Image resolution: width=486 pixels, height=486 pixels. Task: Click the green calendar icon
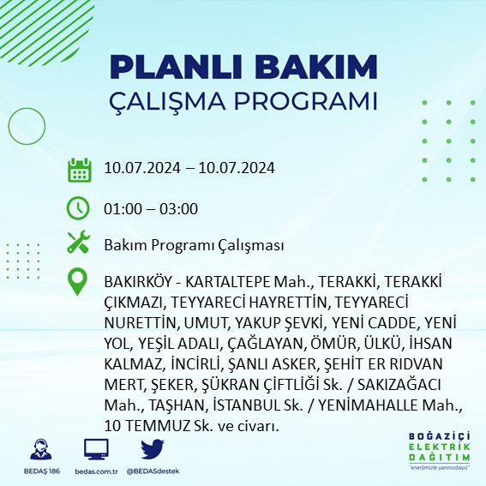[79, 169]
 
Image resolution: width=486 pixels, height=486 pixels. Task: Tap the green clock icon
[79, 208]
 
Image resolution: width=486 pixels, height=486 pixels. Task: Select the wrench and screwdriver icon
[79, 243]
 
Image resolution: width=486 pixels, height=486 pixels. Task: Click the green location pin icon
[79, 281]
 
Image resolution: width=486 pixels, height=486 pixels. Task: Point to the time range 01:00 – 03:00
[151, 208]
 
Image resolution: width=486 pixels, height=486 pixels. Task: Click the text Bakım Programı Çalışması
[194, 245]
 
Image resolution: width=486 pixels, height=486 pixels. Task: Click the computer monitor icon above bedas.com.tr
[96, 448]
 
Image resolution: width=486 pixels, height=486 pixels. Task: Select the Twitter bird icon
[152, 448]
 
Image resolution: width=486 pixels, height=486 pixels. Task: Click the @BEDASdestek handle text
[153, 471]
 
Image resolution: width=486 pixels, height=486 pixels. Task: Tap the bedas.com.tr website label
[96, 471]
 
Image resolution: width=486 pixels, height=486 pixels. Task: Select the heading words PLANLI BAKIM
[243, 68]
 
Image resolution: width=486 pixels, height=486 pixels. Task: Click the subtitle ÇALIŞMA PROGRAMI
[243, 100]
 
